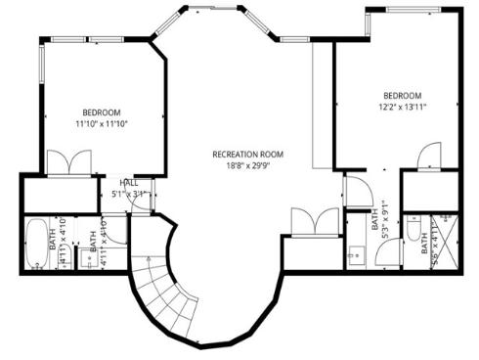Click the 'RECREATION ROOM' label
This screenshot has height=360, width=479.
point(248,155)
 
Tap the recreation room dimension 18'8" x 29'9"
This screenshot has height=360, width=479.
point(248,166)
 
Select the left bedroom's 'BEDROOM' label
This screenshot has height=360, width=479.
point(102,112)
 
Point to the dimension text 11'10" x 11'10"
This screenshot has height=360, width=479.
point(102,124)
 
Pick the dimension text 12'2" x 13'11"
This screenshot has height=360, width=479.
point(402,107)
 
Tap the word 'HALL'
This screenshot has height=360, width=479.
point(129,183)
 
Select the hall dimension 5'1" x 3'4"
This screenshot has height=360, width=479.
point(129,194)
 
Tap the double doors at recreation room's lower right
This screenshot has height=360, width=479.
point(315,222)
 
